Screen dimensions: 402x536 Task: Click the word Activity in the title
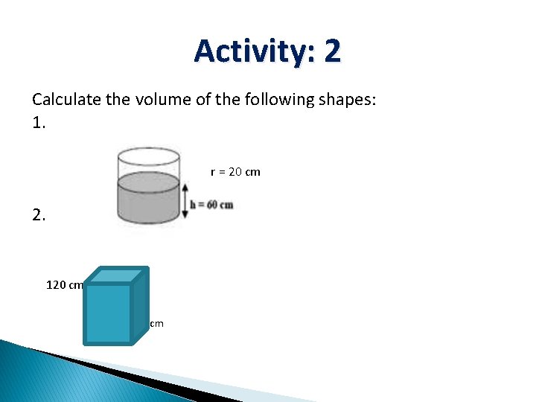246,51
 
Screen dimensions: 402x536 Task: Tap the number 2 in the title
332,51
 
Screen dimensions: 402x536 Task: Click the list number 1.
39,124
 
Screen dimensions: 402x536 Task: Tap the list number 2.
39,217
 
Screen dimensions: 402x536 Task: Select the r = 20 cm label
235,172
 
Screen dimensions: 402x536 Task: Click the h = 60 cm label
212,205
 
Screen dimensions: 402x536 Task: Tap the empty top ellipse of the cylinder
148,156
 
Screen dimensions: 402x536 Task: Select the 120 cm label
65,284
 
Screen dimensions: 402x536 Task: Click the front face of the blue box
108,313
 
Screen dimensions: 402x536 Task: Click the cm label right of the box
156,324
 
